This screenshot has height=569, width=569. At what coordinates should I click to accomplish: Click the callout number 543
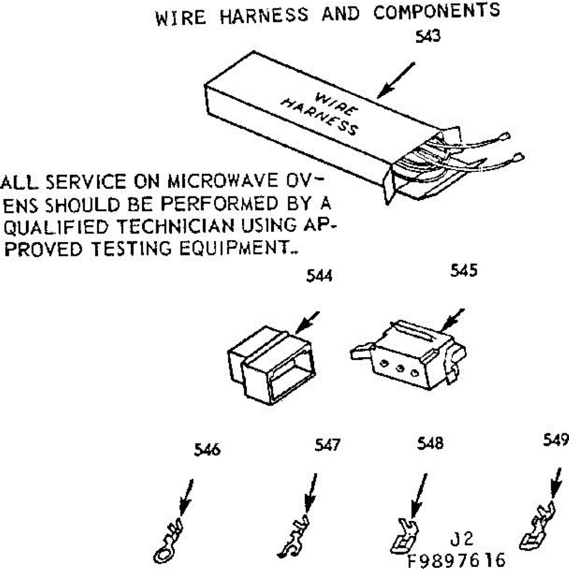(428, 37)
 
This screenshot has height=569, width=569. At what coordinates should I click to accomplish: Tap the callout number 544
(319, 275)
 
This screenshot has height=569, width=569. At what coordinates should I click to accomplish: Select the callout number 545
(464, 271)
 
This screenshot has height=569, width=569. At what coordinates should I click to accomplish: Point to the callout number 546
(207, 449)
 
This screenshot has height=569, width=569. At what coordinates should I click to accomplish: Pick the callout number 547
(328, 445)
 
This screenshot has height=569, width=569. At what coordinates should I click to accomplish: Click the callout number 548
(430, 443)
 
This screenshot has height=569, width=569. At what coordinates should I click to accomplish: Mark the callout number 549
(556, 441)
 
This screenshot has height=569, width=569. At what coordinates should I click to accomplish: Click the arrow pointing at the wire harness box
(397, 80)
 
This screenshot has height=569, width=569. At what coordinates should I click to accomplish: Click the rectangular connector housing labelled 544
(270, 365)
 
